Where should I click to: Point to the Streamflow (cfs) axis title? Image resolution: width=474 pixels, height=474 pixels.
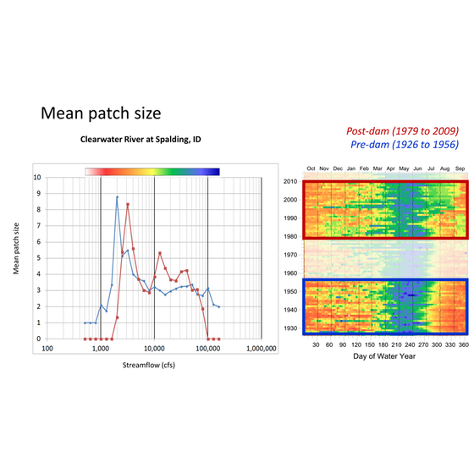(x=153, y=369)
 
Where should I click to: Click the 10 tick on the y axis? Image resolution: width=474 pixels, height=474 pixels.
(x=36, y=178)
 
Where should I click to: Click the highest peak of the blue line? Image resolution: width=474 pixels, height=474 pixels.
(x=117, y=197)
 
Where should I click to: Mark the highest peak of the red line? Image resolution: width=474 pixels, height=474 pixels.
(x=127, y=204)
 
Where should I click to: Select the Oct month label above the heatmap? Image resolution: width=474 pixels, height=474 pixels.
(x=311, y=169)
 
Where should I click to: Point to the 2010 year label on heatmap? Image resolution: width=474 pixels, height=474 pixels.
(x=289, y=181)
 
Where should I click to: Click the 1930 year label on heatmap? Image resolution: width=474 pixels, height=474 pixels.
(x=289, y=328)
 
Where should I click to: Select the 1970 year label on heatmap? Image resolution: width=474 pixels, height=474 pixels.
(x=289, y=254)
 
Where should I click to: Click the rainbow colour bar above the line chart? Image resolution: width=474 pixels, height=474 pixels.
(x=152, y=170)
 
